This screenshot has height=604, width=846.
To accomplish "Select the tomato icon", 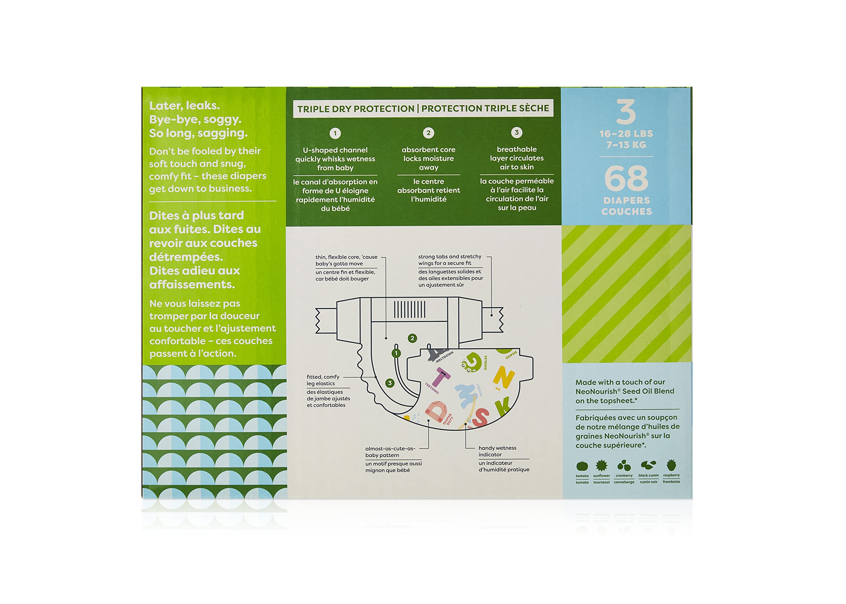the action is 582,466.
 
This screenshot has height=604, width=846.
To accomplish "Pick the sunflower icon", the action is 601,465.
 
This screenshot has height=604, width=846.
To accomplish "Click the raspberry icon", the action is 671,465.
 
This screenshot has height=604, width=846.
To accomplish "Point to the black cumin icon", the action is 648,465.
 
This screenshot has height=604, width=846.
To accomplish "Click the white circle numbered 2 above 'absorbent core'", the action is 428,133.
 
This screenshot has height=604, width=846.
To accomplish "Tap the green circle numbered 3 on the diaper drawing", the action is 390,383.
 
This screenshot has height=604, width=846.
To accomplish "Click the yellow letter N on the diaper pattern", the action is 504,376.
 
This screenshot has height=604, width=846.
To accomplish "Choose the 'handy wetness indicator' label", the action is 497,451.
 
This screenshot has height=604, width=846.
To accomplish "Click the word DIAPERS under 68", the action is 627,200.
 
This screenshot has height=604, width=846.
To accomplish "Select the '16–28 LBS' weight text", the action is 626,133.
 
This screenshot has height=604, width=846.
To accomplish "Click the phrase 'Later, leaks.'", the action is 185,106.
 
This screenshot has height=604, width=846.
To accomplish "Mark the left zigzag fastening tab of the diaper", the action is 326,321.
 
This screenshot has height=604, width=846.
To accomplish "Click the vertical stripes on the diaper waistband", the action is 409,309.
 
